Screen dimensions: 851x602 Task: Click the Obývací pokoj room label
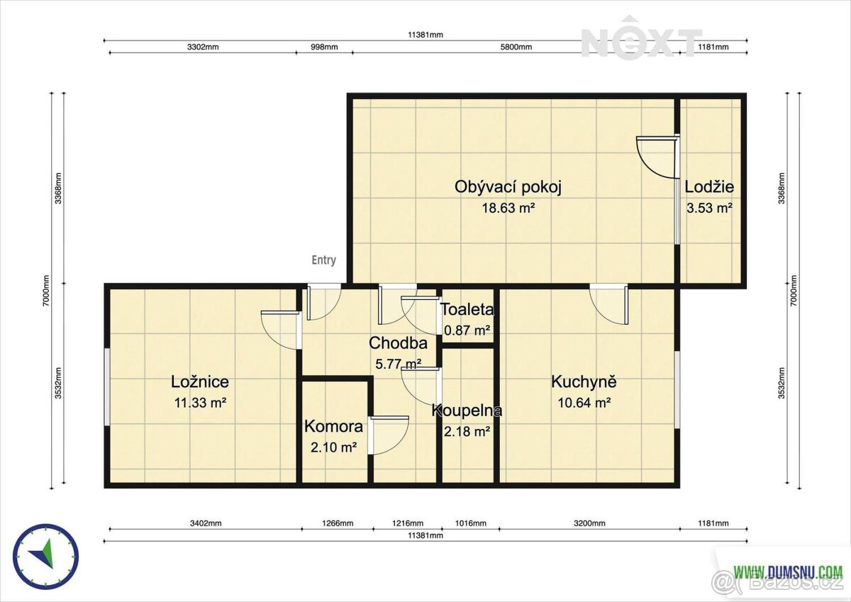[508, 187]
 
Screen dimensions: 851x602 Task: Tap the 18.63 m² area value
[508, 208]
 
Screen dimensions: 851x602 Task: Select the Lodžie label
[709, 187]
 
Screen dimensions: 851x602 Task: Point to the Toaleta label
[467, 310]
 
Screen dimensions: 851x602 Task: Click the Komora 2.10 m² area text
[333, 447]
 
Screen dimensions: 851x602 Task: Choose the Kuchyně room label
[584, 381]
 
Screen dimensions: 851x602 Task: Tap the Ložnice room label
[200, 381]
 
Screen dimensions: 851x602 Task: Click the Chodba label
[398, 343]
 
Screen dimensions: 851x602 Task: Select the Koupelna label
[467, 410]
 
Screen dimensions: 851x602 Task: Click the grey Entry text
[323, 260]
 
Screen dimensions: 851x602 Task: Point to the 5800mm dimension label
[516, 47]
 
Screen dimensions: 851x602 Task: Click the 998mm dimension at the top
[324, 47]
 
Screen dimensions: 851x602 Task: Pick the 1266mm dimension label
[338, 523]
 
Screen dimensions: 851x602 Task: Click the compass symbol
[46, 557]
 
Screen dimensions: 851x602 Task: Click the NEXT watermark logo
[641, 38]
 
